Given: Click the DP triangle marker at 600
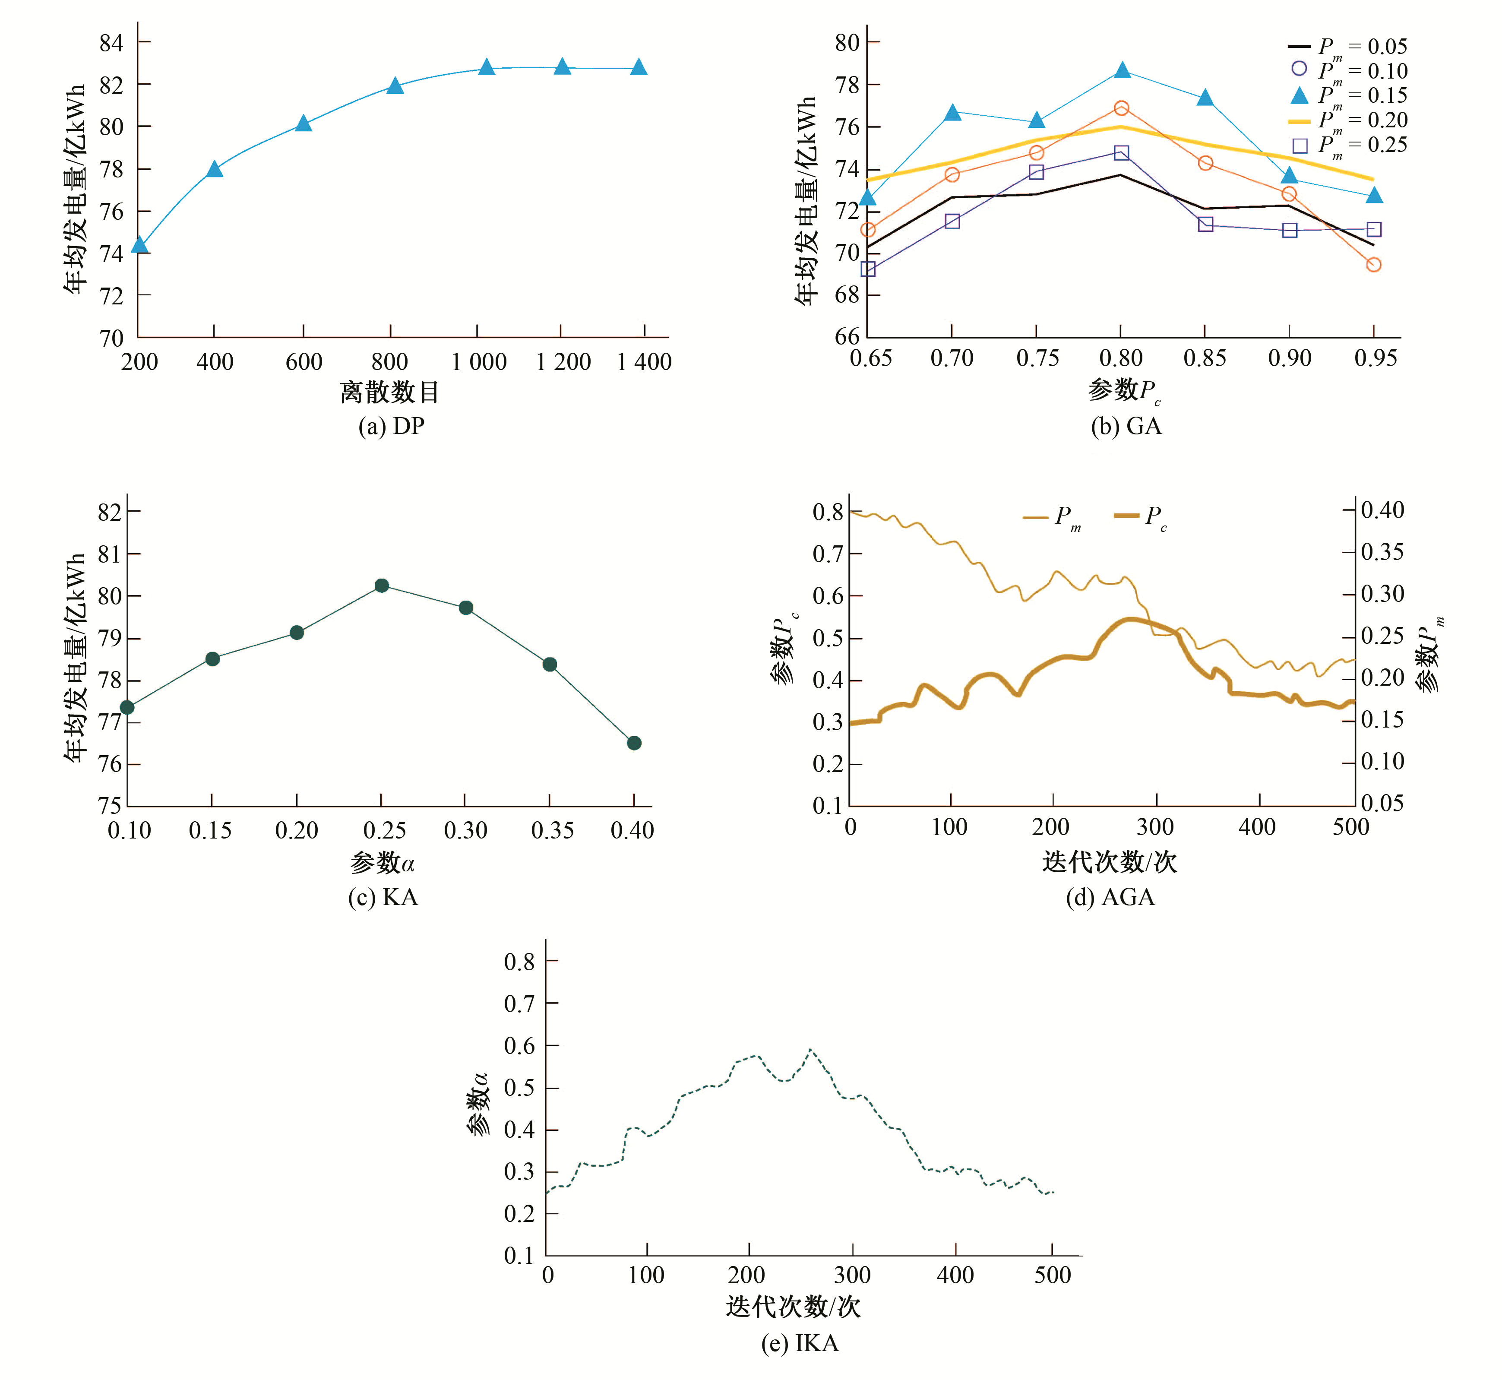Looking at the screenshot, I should click(x=303, y=123).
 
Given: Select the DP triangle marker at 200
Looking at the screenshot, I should click(x=139, y=245).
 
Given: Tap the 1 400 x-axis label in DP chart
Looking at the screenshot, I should click(x=644, y=362).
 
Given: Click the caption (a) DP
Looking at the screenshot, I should click(x=391, y=427).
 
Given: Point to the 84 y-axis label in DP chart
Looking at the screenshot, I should click(x=111, y=43).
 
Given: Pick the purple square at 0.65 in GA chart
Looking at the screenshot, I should click(x=867, y=269).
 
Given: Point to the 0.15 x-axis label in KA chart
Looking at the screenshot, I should click(x=211, y=830).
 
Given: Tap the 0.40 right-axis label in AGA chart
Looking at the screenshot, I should click(x=1382, y=510).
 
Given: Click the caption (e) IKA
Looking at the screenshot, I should click(x=800, y=1343).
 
